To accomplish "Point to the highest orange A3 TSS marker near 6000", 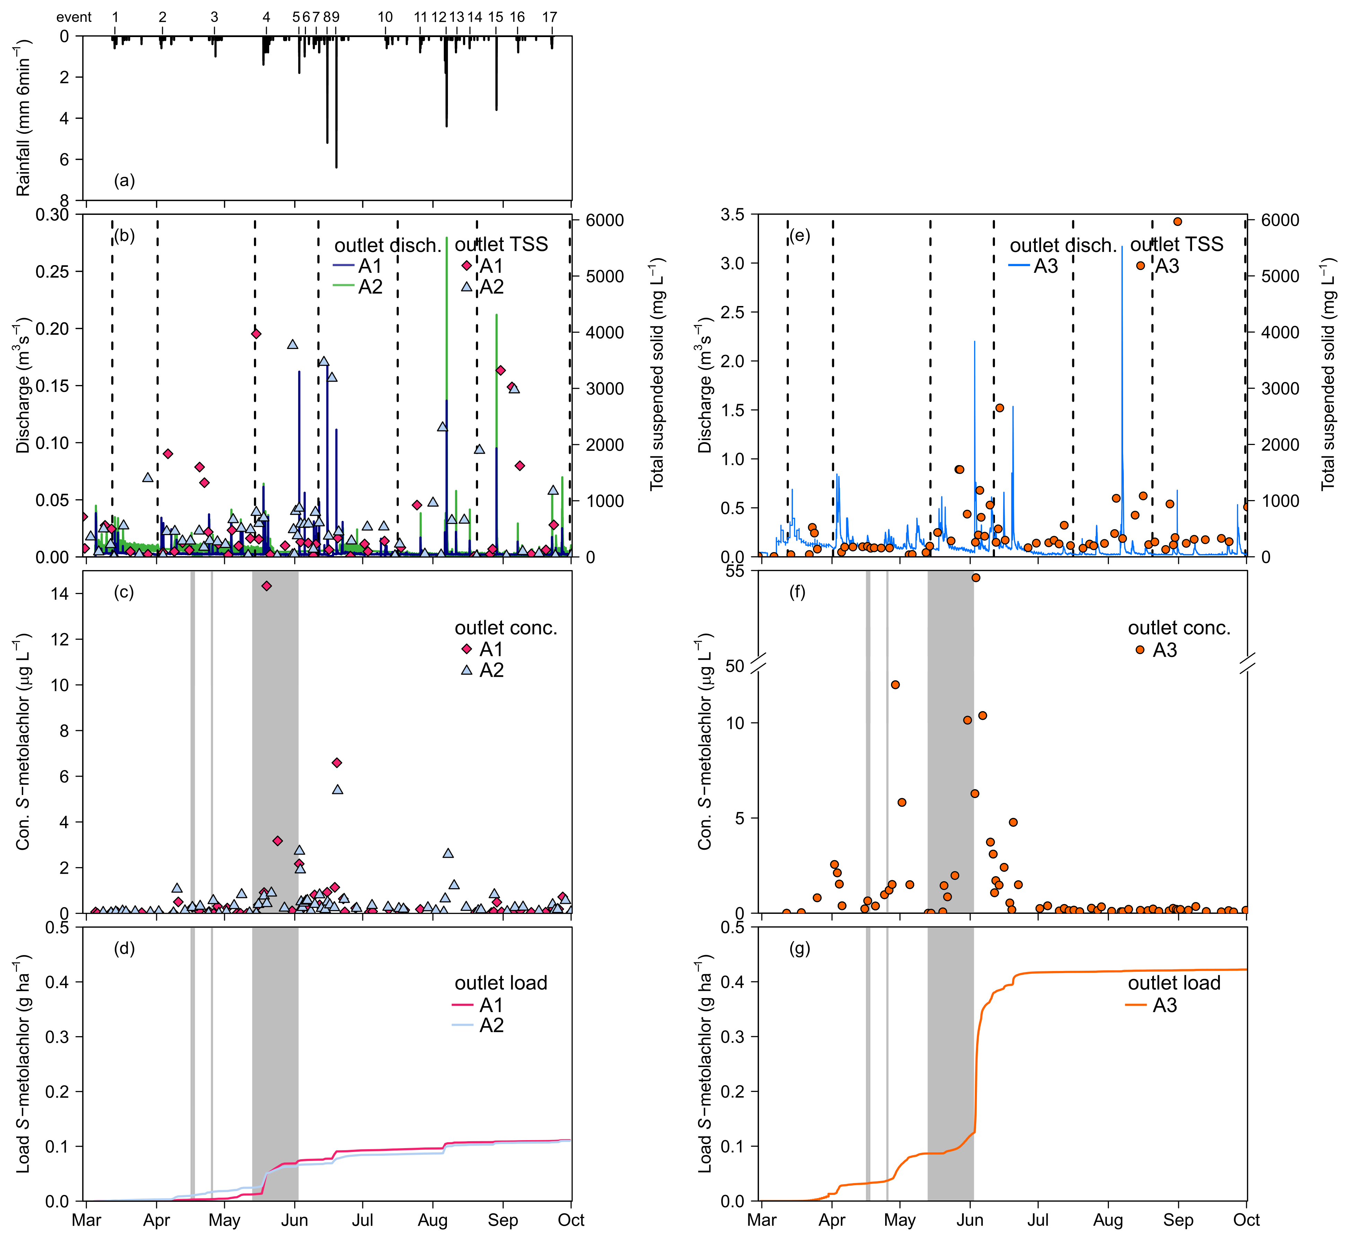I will (1177, 221).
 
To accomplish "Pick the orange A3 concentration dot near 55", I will (976, 577).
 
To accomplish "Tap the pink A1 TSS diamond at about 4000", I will (256, 334).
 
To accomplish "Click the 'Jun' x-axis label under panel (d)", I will (294, 1220).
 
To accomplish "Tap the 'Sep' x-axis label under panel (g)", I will (1178, 1220).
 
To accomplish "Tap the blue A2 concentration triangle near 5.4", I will (337, 789).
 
